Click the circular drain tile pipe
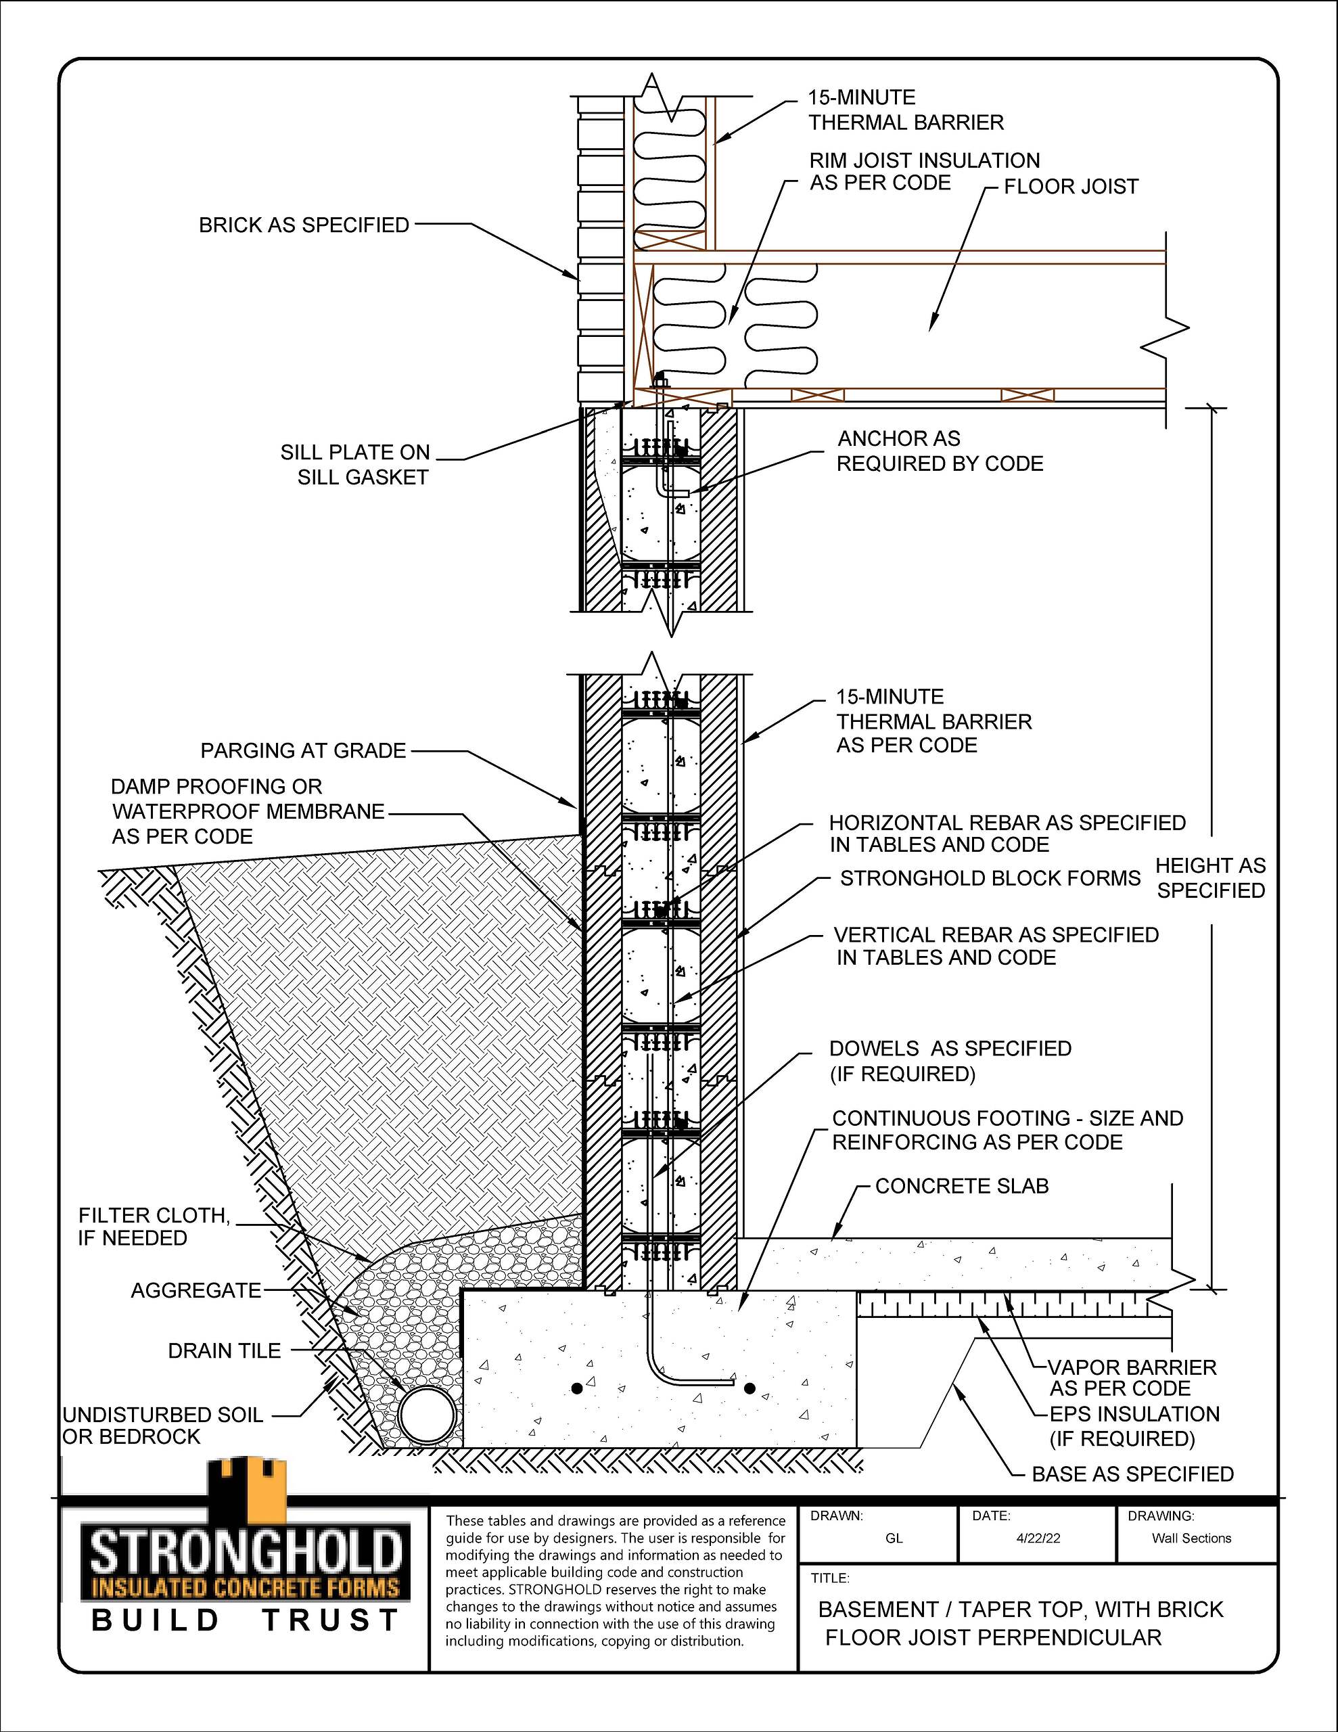(x=428, y=1414)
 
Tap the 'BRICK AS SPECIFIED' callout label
(x=304, y=225)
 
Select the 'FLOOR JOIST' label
(x=1071, y=187)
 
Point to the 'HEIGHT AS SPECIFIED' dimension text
(x=1210, y=878)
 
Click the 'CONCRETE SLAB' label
(x=962, y=1208)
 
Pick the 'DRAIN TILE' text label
(x=225, y=1351)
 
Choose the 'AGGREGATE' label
(x=196, y=1291)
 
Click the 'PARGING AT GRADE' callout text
(x=303, y=750)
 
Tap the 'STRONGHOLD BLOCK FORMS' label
(x=990, y=879)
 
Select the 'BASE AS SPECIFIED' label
(x=1132, y=1474)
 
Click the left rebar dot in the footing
(x=576, y=1388)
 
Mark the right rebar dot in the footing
(x=749, y=1388)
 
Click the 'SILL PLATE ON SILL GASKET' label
(x=355, y=465)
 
